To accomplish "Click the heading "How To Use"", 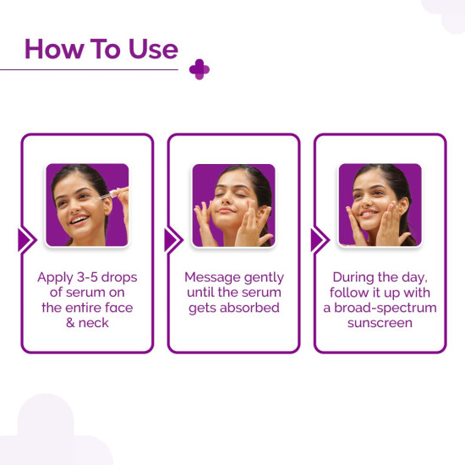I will pyautogui.click(x=101, y=48).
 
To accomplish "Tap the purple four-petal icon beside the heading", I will pyautogui.click(x=200, y=70).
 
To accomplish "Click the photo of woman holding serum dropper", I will pyautogui.click(x=87, y=205).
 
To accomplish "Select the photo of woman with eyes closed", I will pyautogui.click(x=233, y=205).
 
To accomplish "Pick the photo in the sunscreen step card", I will pyautogui.click(x=380, y=205).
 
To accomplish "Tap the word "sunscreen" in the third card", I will pyautogui.click(x=380, y=323).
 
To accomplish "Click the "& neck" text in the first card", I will pyautogui.click(x=87, y=323).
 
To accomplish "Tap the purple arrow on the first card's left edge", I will pyautogui.click(x=26, y=240).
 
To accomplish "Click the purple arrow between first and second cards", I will pyautogui.click(x=172, y=240).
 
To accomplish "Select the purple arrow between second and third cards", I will pyautogui.click(x=319, y=240).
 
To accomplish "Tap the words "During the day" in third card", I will pyautogui.click(x=380, y=277).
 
